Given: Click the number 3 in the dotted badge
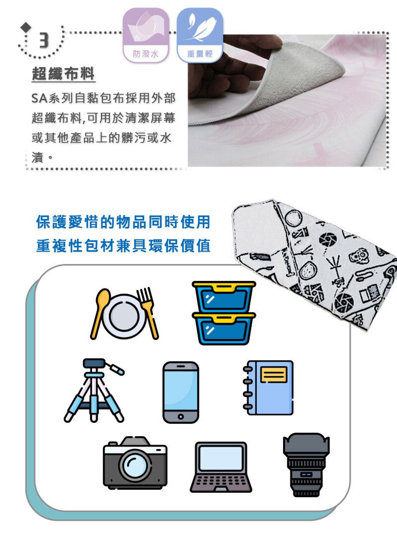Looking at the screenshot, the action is pos(44,40).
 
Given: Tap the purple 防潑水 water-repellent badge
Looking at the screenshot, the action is pos(146,35).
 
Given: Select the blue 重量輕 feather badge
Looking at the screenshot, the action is pos(200,35).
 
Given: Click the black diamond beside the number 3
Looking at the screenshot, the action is pos(26,27).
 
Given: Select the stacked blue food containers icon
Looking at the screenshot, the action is pos(224,313).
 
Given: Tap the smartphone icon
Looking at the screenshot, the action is pos(181,393).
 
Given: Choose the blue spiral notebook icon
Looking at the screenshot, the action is pos(268,388).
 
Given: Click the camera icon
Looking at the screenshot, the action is pos(135,463).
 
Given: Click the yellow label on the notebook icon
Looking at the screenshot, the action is pos(274,375).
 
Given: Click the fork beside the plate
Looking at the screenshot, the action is pos(148,313).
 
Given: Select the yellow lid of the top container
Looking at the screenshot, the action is pos(224,287).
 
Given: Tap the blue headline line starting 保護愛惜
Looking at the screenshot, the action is pos(123,222).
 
